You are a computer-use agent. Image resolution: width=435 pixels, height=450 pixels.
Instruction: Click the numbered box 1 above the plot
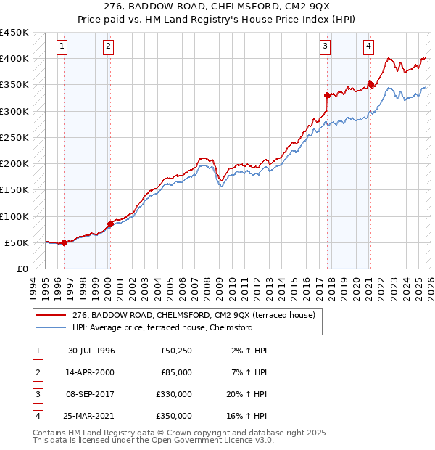62,46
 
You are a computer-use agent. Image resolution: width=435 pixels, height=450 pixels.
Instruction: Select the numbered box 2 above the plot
108,46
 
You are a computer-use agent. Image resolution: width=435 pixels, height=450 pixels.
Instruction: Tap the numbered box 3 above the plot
326,46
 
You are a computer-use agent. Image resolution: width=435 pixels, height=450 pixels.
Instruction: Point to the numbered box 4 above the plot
368,46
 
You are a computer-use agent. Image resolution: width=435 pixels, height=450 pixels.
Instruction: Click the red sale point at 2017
327,94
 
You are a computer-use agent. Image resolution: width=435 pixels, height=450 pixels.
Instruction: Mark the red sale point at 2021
370,84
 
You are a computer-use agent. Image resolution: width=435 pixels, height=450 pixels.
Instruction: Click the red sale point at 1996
65,242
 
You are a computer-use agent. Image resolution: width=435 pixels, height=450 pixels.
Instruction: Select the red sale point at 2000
110,224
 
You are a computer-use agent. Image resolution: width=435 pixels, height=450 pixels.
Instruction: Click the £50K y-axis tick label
17,243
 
